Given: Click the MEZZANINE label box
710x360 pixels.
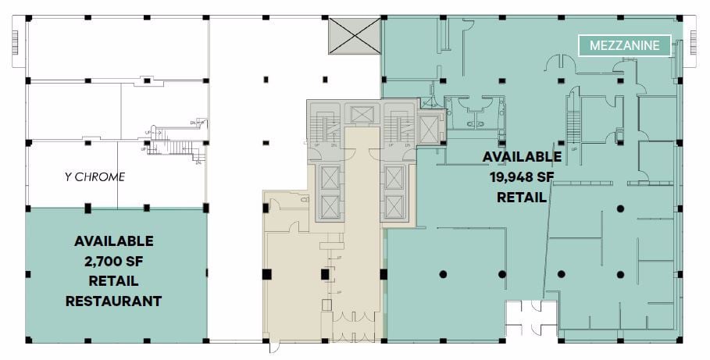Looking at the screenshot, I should pos(624,45).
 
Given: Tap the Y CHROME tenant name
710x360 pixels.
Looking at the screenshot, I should pos(95,176).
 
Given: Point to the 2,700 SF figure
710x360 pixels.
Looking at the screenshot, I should pos(113,260).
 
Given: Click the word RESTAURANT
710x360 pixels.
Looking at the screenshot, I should pos(113,300).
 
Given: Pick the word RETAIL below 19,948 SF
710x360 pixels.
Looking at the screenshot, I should pos(522,197).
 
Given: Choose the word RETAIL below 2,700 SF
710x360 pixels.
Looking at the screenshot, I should pos(113,280).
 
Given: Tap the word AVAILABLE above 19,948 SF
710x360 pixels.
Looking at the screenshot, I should pos(522,157).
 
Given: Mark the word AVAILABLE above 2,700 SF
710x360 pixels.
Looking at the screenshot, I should pos(113,241).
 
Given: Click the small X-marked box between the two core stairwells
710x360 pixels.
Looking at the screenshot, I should pos(362,114).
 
